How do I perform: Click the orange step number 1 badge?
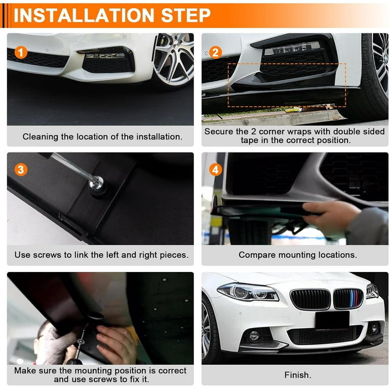tap(20, 52)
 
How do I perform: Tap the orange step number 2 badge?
tap(215, 52)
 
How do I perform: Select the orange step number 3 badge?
tap(20, 170)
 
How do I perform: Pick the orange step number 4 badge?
tap(215, 170)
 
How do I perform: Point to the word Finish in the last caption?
tap(296, 375)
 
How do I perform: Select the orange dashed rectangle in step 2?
tap(286, 85)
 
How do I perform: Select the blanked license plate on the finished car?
tap(332, 320)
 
